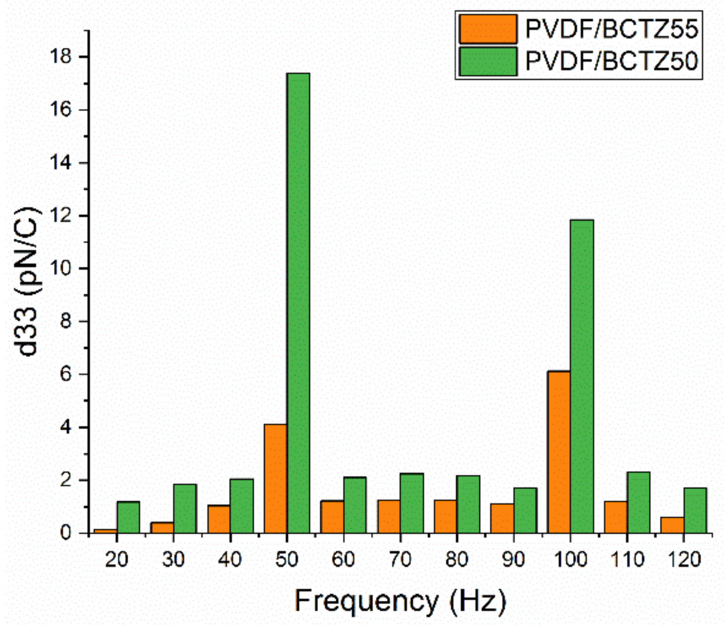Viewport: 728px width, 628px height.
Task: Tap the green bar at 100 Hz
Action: click(x=582, y=376)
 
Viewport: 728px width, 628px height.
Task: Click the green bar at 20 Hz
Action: click(x=128, y=517)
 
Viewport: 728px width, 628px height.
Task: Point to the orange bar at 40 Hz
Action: click(x=219, y=519)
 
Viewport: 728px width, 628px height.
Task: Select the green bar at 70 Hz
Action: click(x=411, y=503)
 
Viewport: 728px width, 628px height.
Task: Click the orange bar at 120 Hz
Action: click(x=672, y=525)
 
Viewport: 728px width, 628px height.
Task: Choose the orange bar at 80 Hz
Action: click(x=445, y=516)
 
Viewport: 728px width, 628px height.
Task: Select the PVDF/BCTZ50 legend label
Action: click(x=611, y=61)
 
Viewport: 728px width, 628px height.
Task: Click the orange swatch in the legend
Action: click(x=488, y=29)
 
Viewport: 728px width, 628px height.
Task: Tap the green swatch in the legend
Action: click(x=488, y=61)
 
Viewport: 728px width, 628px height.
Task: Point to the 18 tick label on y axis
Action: click(x=60, y=57)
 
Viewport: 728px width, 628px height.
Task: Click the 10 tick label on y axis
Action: click(x=60, y=268)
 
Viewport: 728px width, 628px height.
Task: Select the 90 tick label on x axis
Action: click(x=513, y=559)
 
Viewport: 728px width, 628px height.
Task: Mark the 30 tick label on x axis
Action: click(x=173, y=559)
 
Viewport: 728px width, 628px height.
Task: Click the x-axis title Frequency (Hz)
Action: click(x=400, y=601)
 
